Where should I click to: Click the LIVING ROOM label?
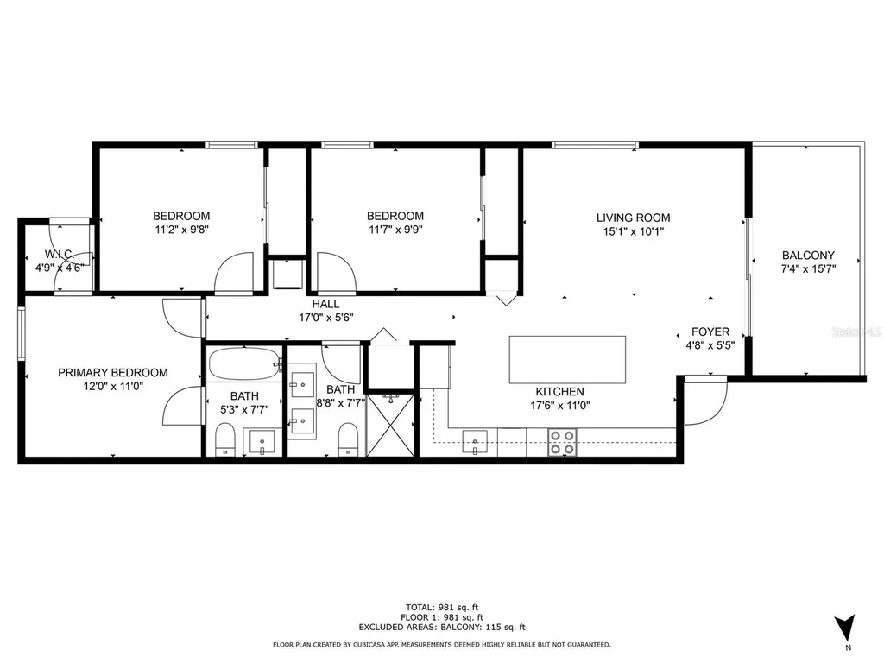coord(633,218)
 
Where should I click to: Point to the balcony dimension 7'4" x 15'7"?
coord(808,268)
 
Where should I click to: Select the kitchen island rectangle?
coord(567,359)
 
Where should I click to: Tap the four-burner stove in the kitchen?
coord(563,442)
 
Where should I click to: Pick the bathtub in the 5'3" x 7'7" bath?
coord(244,364)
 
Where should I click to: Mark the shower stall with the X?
coord(390,424)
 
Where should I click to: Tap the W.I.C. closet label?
coord(59,255)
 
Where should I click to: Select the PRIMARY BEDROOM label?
coord(113,373)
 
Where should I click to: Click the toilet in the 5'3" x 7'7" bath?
coord(224,439)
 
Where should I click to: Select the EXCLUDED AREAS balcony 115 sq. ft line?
coord(441,627)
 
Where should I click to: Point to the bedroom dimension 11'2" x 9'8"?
coord(181,230)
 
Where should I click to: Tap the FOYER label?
coord(710,331)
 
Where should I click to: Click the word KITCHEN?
coord(559,391)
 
